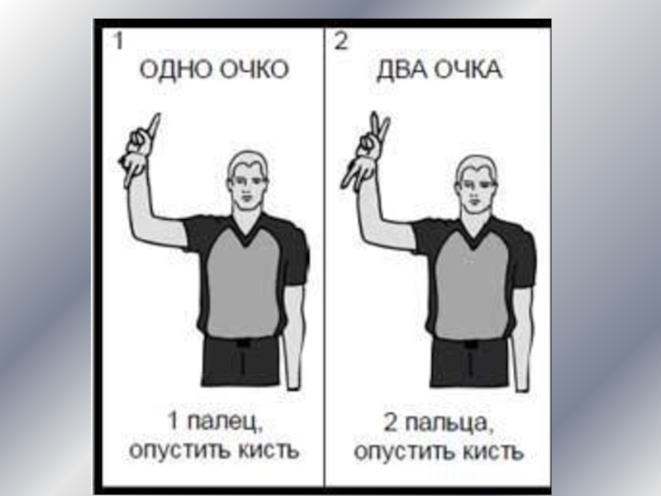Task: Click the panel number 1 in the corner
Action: (x=118, y=41)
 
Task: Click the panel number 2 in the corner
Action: (x=341, y=41)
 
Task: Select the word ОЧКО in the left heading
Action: (x=254, y=69)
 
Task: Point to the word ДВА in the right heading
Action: (x=402, y=70)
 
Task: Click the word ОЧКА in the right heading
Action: (x=468, y=69)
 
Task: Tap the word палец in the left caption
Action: (x=224, y=422)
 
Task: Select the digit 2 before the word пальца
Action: (x=390, y=422)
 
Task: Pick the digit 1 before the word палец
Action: (x=174, y=421)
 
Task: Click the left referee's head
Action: (x=247, y=179)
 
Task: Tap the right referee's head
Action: (x=476, y=182)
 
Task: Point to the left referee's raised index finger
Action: (x=155, y=126)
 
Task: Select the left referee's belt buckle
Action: (x=243, y=342)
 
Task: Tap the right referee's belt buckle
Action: (x=470, y=344)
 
